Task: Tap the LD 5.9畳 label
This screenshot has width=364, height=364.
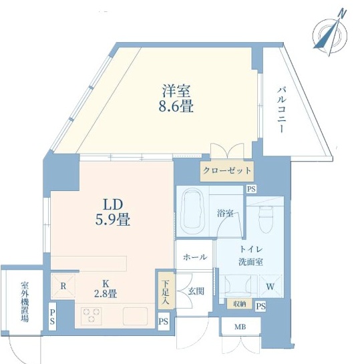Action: pyautogui.click(x=113, y=212)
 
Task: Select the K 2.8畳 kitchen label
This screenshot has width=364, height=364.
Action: pyautogui.click(x=106, y=289)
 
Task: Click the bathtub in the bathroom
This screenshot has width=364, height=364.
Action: pyautogui.click(x=192, y=211)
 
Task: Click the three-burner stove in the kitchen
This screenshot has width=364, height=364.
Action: pyautogui.click(x=92, y=316)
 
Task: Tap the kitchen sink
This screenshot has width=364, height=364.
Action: pyautogui.click(x=135, y=316)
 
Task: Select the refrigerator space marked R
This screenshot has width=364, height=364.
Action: pyautogui.click(x=63, y=287)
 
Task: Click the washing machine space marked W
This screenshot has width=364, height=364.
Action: pyautogui.click(x=270, y=287)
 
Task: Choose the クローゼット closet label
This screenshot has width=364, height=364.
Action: pyautogui.click(x=227, y=170)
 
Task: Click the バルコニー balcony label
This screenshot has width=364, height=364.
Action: pyautogui.click(x=281, y=110)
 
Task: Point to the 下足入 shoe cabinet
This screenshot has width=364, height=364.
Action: pyautogui.click(x=166, y=291)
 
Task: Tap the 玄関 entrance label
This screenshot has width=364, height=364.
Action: pyautogui.click(x=196, y=291)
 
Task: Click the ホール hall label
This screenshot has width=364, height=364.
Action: pyautogui.click(x=195, y=257)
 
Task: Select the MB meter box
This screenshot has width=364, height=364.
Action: pyautogui.click(x=240, y=326)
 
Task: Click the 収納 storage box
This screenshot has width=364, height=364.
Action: pyautogui.click(x=240, y=304)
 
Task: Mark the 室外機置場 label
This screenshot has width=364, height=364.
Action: pyautogui.click(x=25, y=302)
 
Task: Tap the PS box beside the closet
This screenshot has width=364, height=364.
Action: pyautogui.click(x=251, y=189)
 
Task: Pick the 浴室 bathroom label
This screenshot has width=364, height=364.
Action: pyautogui.click(x=225, y=213)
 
